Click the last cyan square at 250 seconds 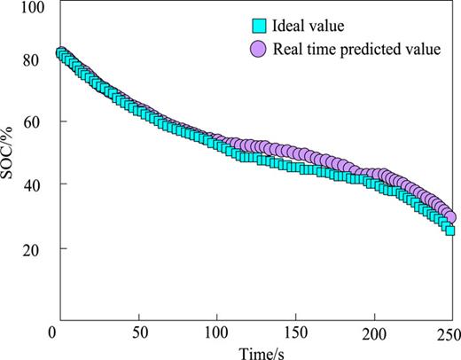coord(449,230)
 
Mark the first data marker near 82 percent coord(60,53)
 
